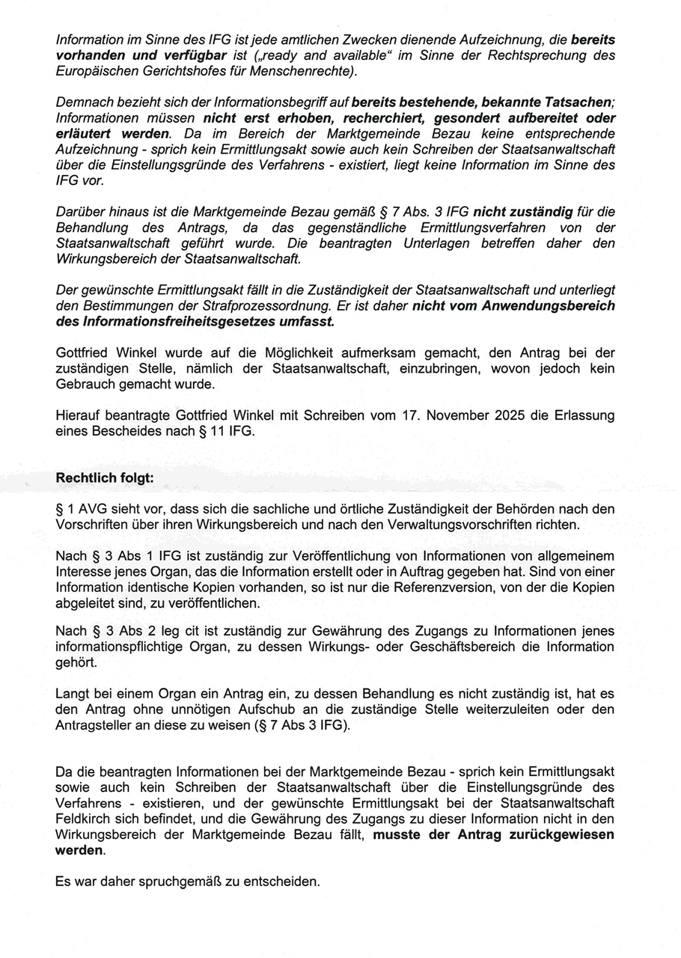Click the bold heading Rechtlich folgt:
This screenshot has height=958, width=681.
pyautogui.click(x=105, y=478)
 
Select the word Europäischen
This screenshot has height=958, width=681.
pyautogui.click(x=94, y=71)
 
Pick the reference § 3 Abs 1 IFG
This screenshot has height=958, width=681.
pyautogui.click(x=116, y=555)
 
